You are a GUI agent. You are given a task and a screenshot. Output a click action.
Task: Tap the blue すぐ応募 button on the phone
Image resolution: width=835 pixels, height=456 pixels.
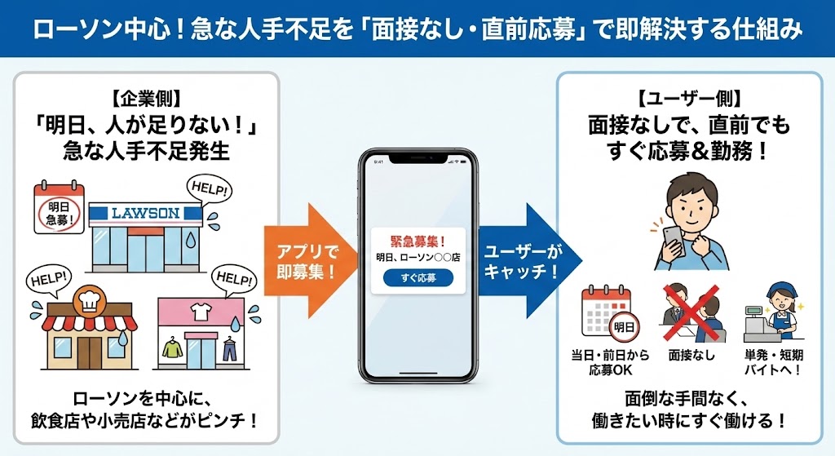[x=417, y=278]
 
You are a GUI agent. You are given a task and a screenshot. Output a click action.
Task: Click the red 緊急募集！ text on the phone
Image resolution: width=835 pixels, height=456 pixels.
[x=417, y=241]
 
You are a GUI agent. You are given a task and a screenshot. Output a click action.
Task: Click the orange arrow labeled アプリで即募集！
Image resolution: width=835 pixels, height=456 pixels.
[x=307, y=260]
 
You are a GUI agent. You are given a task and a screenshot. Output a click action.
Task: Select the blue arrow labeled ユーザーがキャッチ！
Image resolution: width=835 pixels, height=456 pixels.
[x=524, y=260]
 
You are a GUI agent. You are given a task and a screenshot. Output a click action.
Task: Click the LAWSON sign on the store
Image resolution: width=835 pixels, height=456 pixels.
[x=145, y=214]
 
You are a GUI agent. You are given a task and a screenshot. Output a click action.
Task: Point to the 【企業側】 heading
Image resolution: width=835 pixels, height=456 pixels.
[x=146, y=100]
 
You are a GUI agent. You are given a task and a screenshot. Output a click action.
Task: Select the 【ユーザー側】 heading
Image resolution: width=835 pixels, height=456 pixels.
[x=689, y=100]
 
